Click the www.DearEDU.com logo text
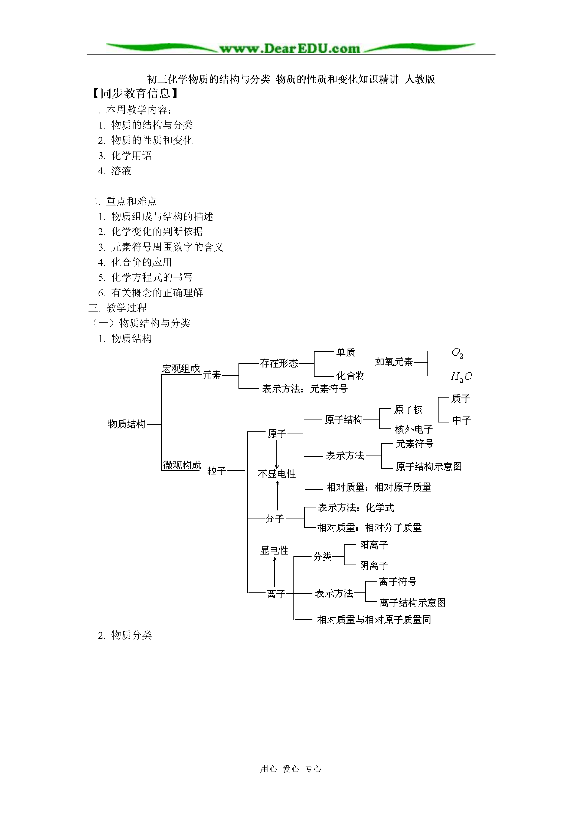[x=289, y=48]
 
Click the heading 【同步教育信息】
[x=135, y=94]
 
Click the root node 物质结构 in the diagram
[x=127, y=424]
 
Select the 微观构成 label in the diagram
[x=182, y=465]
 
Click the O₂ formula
[x=457, y=353]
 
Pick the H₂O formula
[x=461, y=376]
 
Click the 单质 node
[x=346, y=352]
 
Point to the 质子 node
[x=461, y=398]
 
